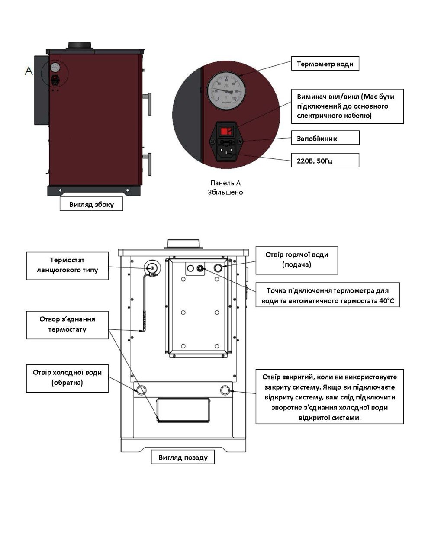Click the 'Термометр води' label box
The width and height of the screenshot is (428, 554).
click(x=325, y=64)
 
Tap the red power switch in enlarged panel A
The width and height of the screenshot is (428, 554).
click(x=226, y=131)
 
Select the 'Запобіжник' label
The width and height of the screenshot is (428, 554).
click(x=325, y=138)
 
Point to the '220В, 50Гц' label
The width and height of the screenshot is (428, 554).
click(x=325, y=160)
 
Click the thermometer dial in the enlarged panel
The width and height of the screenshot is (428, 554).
click(x=226, y=90)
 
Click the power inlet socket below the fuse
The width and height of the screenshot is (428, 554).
click(x=226, y=151)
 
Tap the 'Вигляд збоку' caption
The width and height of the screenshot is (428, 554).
click(x=91, y=204)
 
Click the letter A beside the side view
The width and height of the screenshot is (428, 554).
click(x=29, y=71)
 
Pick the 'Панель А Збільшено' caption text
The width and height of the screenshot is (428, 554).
click(x=225, y=187)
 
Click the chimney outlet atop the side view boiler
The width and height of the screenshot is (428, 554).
click(x=79, y=45)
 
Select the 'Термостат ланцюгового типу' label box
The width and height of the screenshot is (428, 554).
click(x=68, y=266)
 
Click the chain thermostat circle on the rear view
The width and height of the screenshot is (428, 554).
click(x=152, y=268)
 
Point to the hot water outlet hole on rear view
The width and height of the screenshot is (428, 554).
click(x=218, y=268)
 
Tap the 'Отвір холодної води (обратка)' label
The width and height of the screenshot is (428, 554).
click(x=68, y=378)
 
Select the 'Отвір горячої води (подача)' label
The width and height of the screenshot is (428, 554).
click(x=297, y=260)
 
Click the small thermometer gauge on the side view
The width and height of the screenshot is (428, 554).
click(x=55, y=68)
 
